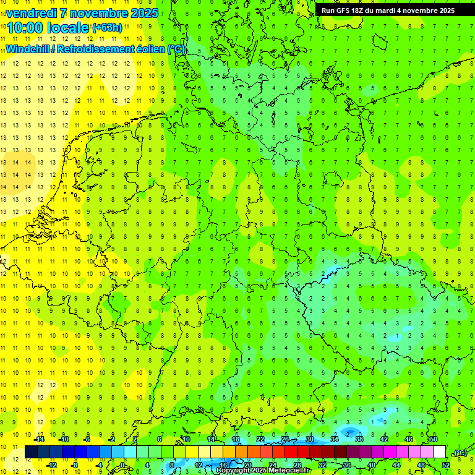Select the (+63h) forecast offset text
[x=107, y=27]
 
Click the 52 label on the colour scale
[x=446, y=465]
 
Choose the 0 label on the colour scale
[x=122, y=465]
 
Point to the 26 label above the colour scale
[x=285, y=439]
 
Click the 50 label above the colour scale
[x=433, y=439]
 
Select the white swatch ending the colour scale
[x=440, y=452]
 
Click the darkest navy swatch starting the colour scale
[x=31, y=452]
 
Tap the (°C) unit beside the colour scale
[x=460, y=453]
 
